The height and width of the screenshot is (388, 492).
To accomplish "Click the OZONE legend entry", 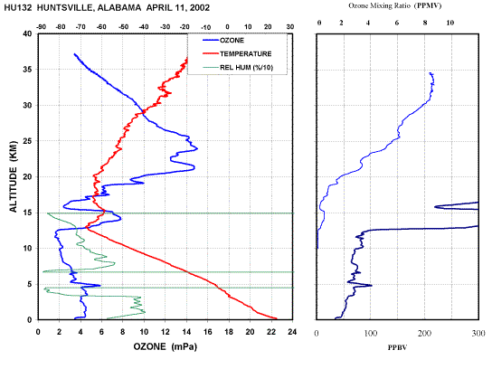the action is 223,40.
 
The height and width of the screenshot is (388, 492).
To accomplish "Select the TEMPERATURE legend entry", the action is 237,53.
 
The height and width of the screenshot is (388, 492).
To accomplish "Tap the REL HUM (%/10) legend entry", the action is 238,68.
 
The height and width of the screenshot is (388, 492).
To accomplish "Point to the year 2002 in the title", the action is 200,7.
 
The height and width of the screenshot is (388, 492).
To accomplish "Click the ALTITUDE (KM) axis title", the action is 14,176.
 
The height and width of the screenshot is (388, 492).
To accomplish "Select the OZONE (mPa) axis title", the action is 165,346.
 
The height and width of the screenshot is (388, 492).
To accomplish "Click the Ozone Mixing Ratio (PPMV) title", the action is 395,5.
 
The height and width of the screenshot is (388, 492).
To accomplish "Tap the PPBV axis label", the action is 397,347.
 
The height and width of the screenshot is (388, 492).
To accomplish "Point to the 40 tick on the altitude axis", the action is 28,33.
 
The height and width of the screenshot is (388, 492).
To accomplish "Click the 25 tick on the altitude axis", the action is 28,141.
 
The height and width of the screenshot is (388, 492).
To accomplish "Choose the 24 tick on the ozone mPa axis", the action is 292,332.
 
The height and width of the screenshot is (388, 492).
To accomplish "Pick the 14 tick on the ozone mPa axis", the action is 186,332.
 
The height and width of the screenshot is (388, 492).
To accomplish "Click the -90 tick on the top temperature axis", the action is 41,27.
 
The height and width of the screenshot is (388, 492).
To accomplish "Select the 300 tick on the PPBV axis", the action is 478,333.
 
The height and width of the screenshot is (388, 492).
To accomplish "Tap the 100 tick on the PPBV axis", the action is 371,333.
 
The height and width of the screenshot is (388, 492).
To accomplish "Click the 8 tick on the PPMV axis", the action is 425,23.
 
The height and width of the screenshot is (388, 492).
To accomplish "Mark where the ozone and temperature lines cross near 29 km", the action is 144,111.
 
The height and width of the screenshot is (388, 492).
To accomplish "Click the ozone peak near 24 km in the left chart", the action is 197,148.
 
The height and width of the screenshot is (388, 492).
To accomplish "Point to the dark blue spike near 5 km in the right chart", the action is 371,285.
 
